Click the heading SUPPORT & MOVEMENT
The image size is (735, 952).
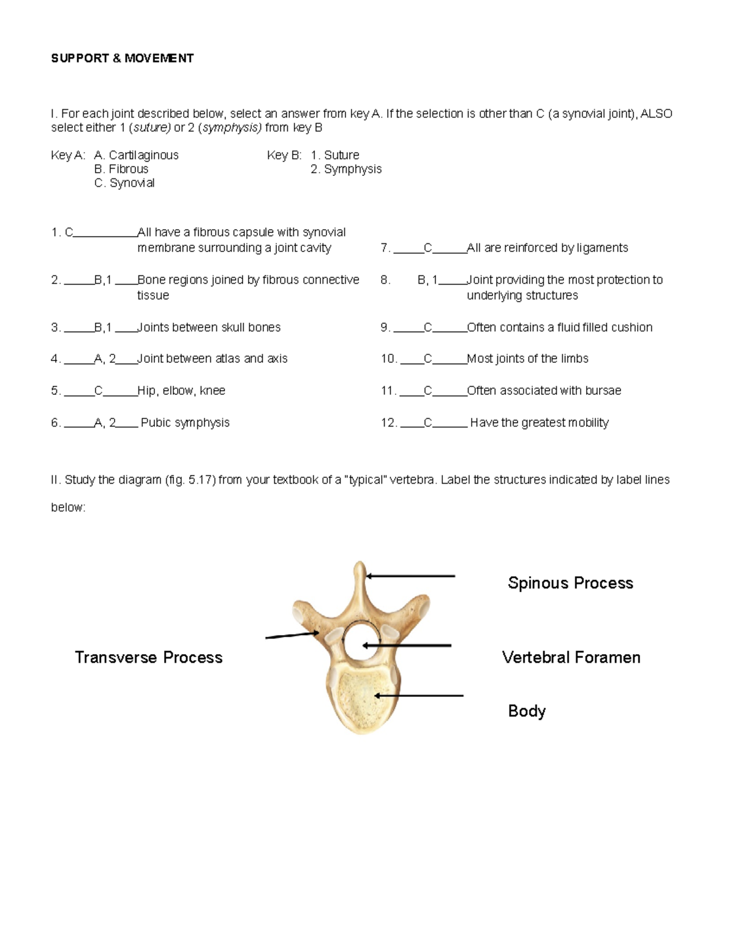pyautogui.click(x=122, y=58)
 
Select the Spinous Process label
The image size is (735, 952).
pyautogui.click(x=570, y=583)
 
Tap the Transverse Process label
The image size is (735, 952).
pyautogui.click(x=148, y=657)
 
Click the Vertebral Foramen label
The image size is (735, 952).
pyautogui.click(x=571, y=657)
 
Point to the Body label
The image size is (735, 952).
pyautogui.click(x=526, y=711)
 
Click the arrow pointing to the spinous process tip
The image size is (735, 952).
pyautogui.click(x=410, y=576)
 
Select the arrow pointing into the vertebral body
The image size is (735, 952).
pyautogui.click(x=419, y=696)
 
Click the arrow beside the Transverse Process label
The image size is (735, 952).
pyautogui.click(x=292, y=635)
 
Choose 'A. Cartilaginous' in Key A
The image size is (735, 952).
pyautogui.click(x=136, y=155)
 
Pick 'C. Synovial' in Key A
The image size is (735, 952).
pyautogui.click(x=124, y=183)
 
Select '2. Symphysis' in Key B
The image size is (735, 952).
pyautogui.click(x=346, y=169)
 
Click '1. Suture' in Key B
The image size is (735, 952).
pyautogui.click(x=335, y=155)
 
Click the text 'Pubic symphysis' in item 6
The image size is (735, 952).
pyautogui.click(x=185, y=422)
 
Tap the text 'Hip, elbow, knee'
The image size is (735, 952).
pyautogui.click(x=181, y=390)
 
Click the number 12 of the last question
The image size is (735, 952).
pyautogui.click(x=388, y=422)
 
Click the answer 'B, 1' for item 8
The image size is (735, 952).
pyautogui.click(x=428, y=280)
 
